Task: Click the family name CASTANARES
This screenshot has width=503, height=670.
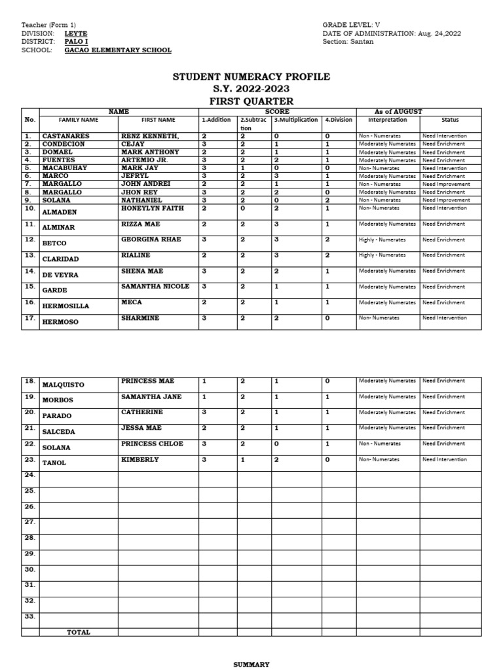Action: tap(66, 136)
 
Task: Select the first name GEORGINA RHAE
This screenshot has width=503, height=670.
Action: tap(151, 239)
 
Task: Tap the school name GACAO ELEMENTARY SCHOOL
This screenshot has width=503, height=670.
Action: tap(118, 50)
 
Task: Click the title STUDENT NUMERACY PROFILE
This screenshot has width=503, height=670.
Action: tap(251, 77)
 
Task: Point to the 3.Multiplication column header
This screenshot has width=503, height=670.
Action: tap(295, 120)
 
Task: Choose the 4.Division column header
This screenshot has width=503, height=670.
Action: tap(339, 120)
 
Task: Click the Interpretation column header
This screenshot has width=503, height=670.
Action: tap(387, 120)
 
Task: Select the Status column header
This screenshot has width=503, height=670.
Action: tap(450, 120)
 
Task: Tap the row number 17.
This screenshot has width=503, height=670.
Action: tap(30, 319)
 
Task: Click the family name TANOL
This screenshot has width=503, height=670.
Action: tap(54, 463)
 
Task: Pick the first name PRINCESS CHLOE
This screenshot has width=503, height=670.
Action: tap(152, 444)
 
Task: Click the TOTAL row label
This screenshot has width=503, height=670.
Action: tap(79, 632)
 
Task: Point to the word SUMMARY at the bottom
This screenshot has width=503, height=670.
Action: tap(251, 665)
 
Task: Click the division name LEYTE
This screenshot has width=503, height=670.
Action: tap(75, 33)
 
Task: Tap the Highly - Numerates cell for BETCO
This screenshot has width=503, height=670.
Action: tap(382, 240)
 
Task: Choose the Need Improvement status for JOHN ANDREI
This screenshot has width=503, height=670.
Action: tap(445, 185)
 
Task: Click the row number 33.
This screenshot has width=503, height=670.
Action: tap(30, 616)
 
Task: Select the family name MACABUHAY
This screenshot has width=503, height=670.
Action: tap(65, 168)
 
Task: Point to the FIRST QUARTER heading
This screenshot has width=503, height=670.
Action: tap(251, 101)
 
